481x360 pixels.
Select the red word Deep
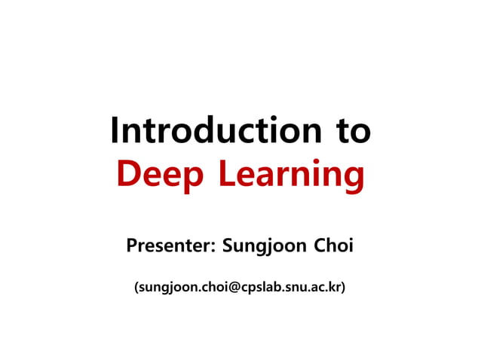coord(160,175)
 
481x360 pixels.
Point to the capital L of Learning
coord(227,175)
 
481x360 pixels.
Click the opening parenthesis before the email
coord(136,288)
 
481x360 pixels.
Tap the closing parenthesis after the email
coord(344,288)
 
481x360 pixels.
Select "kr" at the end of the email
coord(334,288)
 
